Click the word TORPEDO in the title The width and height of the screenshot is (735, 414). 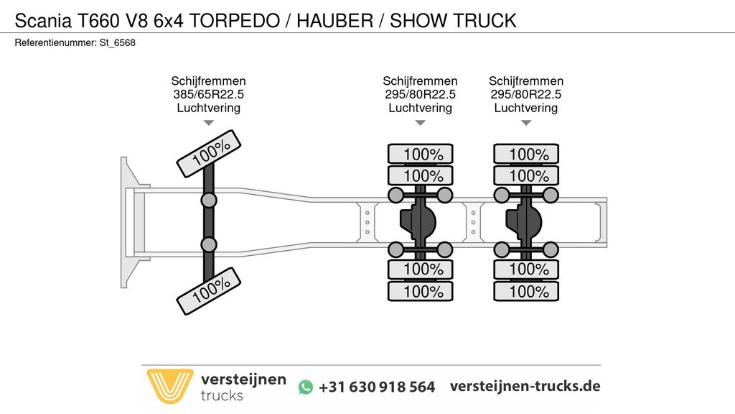(x=235, y=21)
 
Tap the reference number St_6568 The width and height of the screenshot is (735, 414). (x=117, y=42)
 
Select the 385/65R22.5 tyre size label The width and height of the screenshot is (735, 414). (x=209, y=94)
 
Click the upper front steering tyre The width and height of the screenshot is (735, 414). (x=209, y=154)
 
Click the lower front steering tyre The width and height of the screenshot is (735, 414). (x=209, y=291)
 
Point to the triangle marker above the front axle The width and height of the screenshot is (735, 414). (x=209, y=123)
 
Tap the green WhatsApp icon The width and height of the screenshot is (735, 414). (x=306, y=387)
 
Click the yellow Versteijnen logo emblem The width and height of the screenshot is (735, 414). (x=169, y=386)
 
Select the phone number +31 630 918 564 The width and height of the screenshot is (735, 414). (x=377, y=387)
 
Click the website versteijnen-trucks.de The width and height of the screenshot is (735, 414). (x=525, y=386)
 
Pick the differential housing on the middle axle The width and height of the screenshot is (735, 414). (x=418, y=221)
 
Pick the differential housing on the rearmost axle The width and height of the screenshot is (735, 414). (x=523, y=221)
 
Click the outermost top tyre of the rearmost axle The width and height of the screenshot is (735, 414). (x=526, y=154)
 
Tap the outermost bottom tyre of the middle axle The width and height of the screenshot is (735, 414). (x=421, y=291)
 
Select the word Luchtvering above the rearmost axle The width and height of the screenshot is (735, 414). (x=526, y=108)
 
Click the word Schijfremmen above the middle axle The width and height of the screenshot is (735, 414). (x=420, y=80)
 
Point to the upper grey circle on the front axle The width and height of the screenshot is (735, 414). (x=209, y=201)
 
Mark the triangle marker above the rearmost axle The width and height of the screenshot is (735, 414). (x=526, y=123)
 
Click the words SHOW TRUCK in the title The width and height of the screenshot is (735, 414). (x=454, y=21)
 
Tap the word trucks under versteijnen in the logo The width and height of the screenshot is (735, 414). (x=222, y=396)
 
